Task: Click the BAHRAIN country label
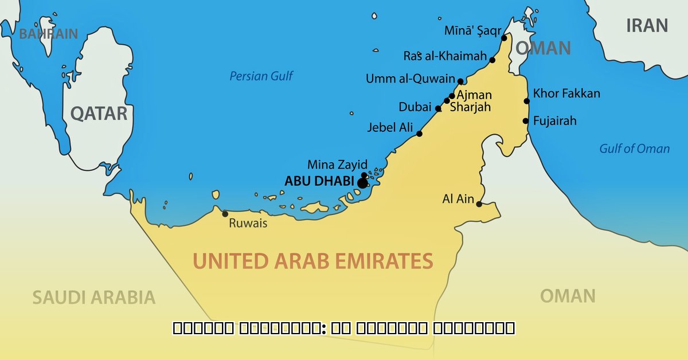pyautogui.click(x=48, y=34)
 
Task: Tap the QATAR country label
pyautogui.click(x=99, y=114)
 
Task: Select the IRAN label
pyautogui.click(x=647, y=26)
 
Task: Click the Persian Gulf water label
pyautogui.click(x=261, y=76)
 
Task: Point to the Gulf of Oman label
pyautogui.click(x=634, y=148)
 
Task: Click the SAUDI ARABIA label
pyautogui.click(x=93, y=297)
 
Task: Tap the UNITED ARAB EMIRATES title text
pyautogui.click(x=312, y=261)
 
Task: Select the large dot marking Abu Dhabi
pyautogui.click(x=362, y=183)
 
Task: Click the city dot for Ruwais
pyautogui.click(x=225, y=214)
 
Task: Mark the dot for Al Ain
pyautogui.click(x=479, y=204)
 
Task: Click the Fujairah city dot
pyautogui.click(x=525, y=121)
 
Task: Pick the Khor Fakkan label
pyautogui.click(x=566, y=93)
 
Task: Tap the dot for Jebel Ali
pyautogui.click(x=419, y=134)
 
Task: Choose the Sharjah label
pyautogui.click(x=470, y=107)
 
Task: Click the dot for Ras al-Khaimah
pyautogui.click(x=492, y=60)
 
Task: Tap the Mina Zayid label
pyautogui.click(x=337, y=165)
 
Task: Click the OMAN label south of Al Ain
pyautogui.click(x=567, y=296)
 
